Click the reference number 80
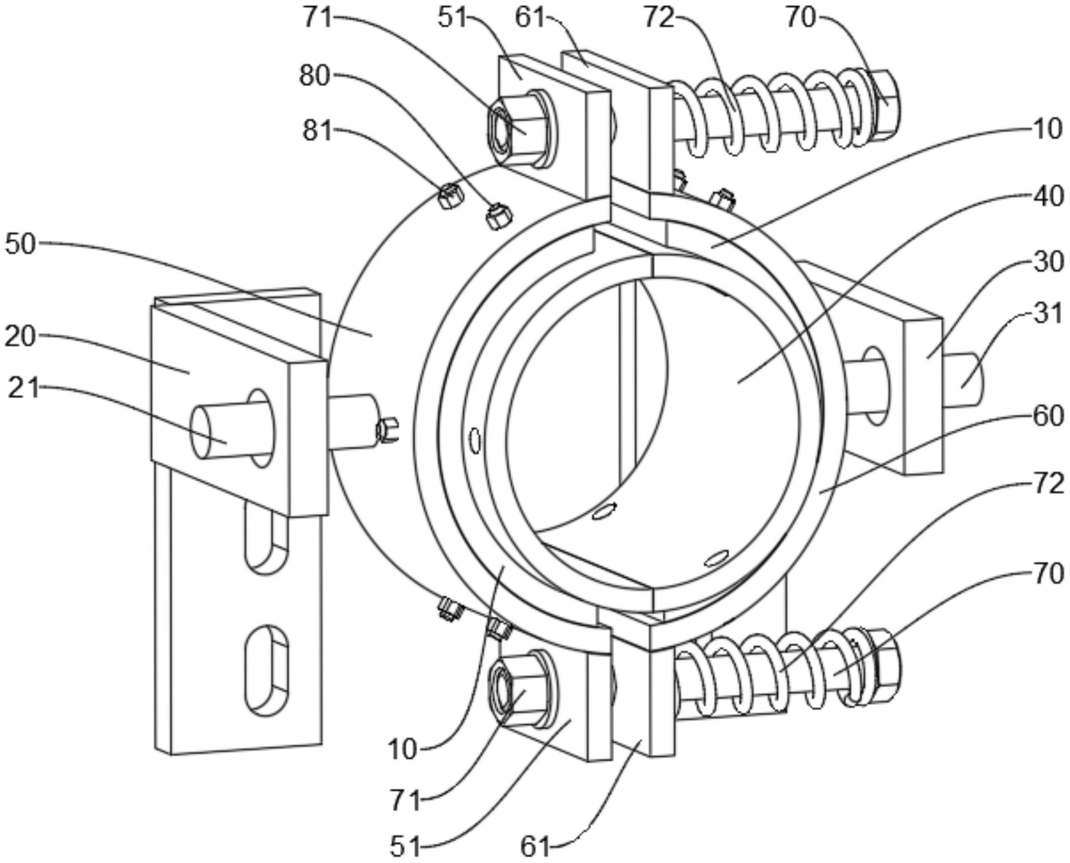tap(314, 76)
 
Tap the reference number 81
tap(317, 131)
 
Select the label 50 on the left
tap(21, 244)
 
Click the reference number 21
tap(23, 388)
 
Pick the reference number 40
tap(1048, 196)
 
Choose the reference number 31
tap(1048, 314)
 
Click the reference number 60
tap(1048, 416)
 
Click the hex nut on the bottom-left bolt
tap(518, 688)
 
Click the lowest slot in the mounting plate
tap(267, 670)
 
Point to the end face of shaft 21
tap(200, 432)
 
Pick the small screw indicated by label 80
tap(499, 216)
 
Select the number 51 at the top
tap(453, 18)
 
